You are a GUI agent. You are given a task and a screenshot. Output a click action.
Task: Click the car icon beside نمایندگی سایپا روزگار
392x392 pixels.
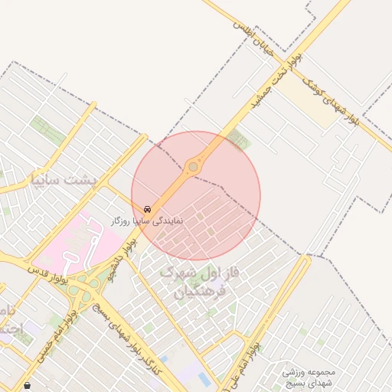[x=146, y=209]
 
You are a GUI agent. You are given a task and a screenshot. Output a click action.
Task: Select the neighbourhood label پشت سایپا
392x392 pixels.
[x=61, y=181]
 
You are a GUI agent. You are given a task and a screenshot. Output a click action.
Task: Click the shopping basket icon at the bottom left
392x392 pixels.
[x=28, y=384]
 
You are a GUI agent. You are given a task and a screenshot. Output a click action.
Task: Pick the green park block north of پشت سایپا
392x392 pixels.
[x=47, y=130]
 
